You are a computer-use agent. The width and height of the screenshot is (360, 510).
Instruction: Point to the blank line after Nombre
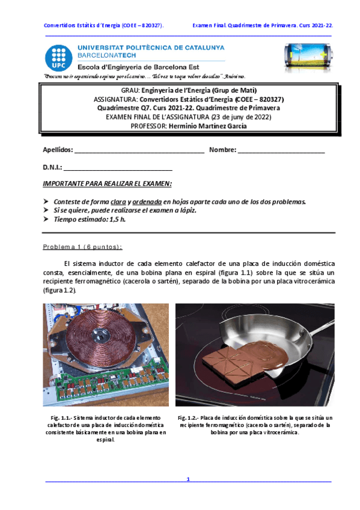coord(281,150)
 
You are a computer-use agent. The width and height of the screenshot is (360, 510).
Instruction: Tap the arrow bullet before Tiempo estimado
coord(46,220)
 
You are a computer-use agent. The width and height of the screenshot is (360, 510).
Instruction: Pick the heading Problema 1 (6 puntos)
coord(83,247)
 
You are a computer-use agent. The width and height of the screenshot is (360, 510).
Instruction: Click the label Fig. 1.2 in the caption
coord(189,417)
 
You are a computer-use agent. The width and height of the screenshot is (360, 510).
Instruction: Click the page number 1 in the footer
coord(188,479)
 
